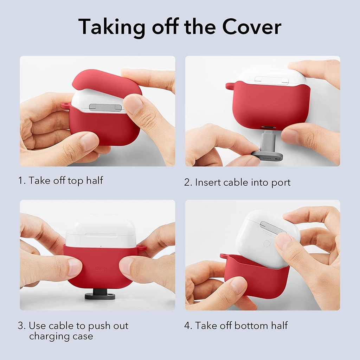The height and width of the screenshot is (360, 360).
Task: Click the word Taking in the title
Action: [x=111, y=27]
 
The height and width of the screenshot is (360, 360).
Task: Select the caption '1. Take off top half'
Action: [x=60, y=181]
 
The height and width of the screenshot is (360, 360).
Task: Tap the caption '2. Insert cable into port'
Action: [x=237, y=182]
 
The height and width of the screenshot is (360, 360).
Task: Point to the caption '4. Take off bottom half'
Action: [x=236, y=326]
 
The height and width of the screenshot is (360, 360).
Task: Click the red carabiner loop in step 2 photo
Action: [x=230, y=85]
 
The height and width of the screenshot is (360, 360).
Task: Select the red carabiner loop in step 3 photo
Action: [x=141, y=248]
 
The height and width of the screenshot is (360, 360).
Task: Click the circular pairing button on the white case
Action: [x=267, y=243]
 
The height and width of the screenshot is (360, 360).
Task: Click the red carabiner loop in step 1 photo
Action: [x=65, y=105]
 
